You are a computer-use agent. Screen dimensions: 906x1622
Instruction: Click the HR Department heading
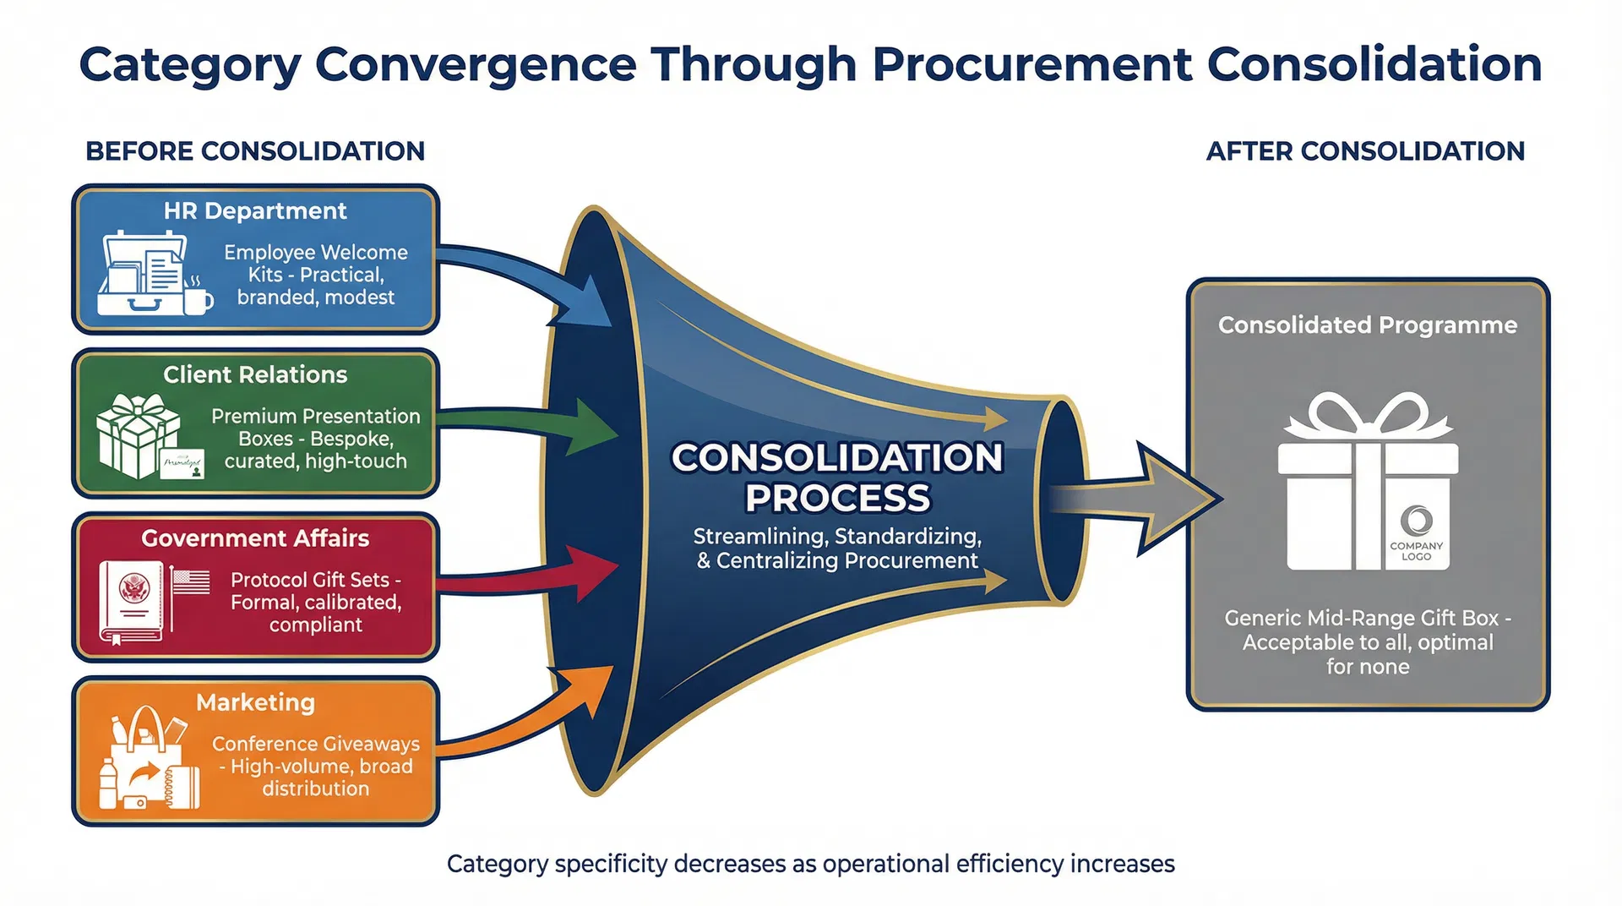[x=255, y=210]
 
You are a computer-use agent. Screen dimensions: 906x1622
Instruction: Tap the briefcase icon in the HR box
[x=144, y=274]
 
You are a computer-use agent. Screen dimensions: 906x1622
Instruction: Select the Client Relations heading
[x=255, y=374]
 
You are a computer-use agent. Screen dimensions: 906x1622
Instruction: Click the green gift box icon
[x=137, y=436]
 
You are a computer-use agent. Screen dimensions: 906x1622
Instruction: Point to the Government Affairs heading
[x=255, y=538]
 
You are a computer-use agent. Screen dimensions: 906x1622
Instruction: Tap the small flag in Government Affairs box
[x=191, y=582]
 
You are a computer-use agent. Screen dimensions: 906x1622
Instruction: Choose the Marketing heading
[x=255, y=702]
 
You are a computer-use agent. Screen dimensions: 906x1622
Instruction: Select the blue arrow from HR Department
[x=541, y=279]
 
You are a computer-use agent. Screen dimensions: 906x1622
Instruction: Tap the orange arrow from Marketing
[x=541, y=710]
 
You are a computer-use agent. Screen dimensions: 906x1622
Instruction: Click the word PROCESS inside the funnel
[x=837, y=498]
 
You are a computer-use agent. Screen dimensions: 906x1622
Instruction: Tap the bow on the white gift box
[x=1368, y=417]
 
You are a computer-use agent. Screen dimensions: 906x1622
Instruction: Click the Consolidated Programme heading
[x=1367, y=325]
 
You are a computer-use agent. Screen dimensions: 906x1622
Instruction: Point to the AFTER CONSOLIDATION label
[x=1365, y=151]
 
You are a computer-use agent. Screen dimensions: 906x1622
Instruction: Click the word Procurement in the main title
[x=1031, y=65]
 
